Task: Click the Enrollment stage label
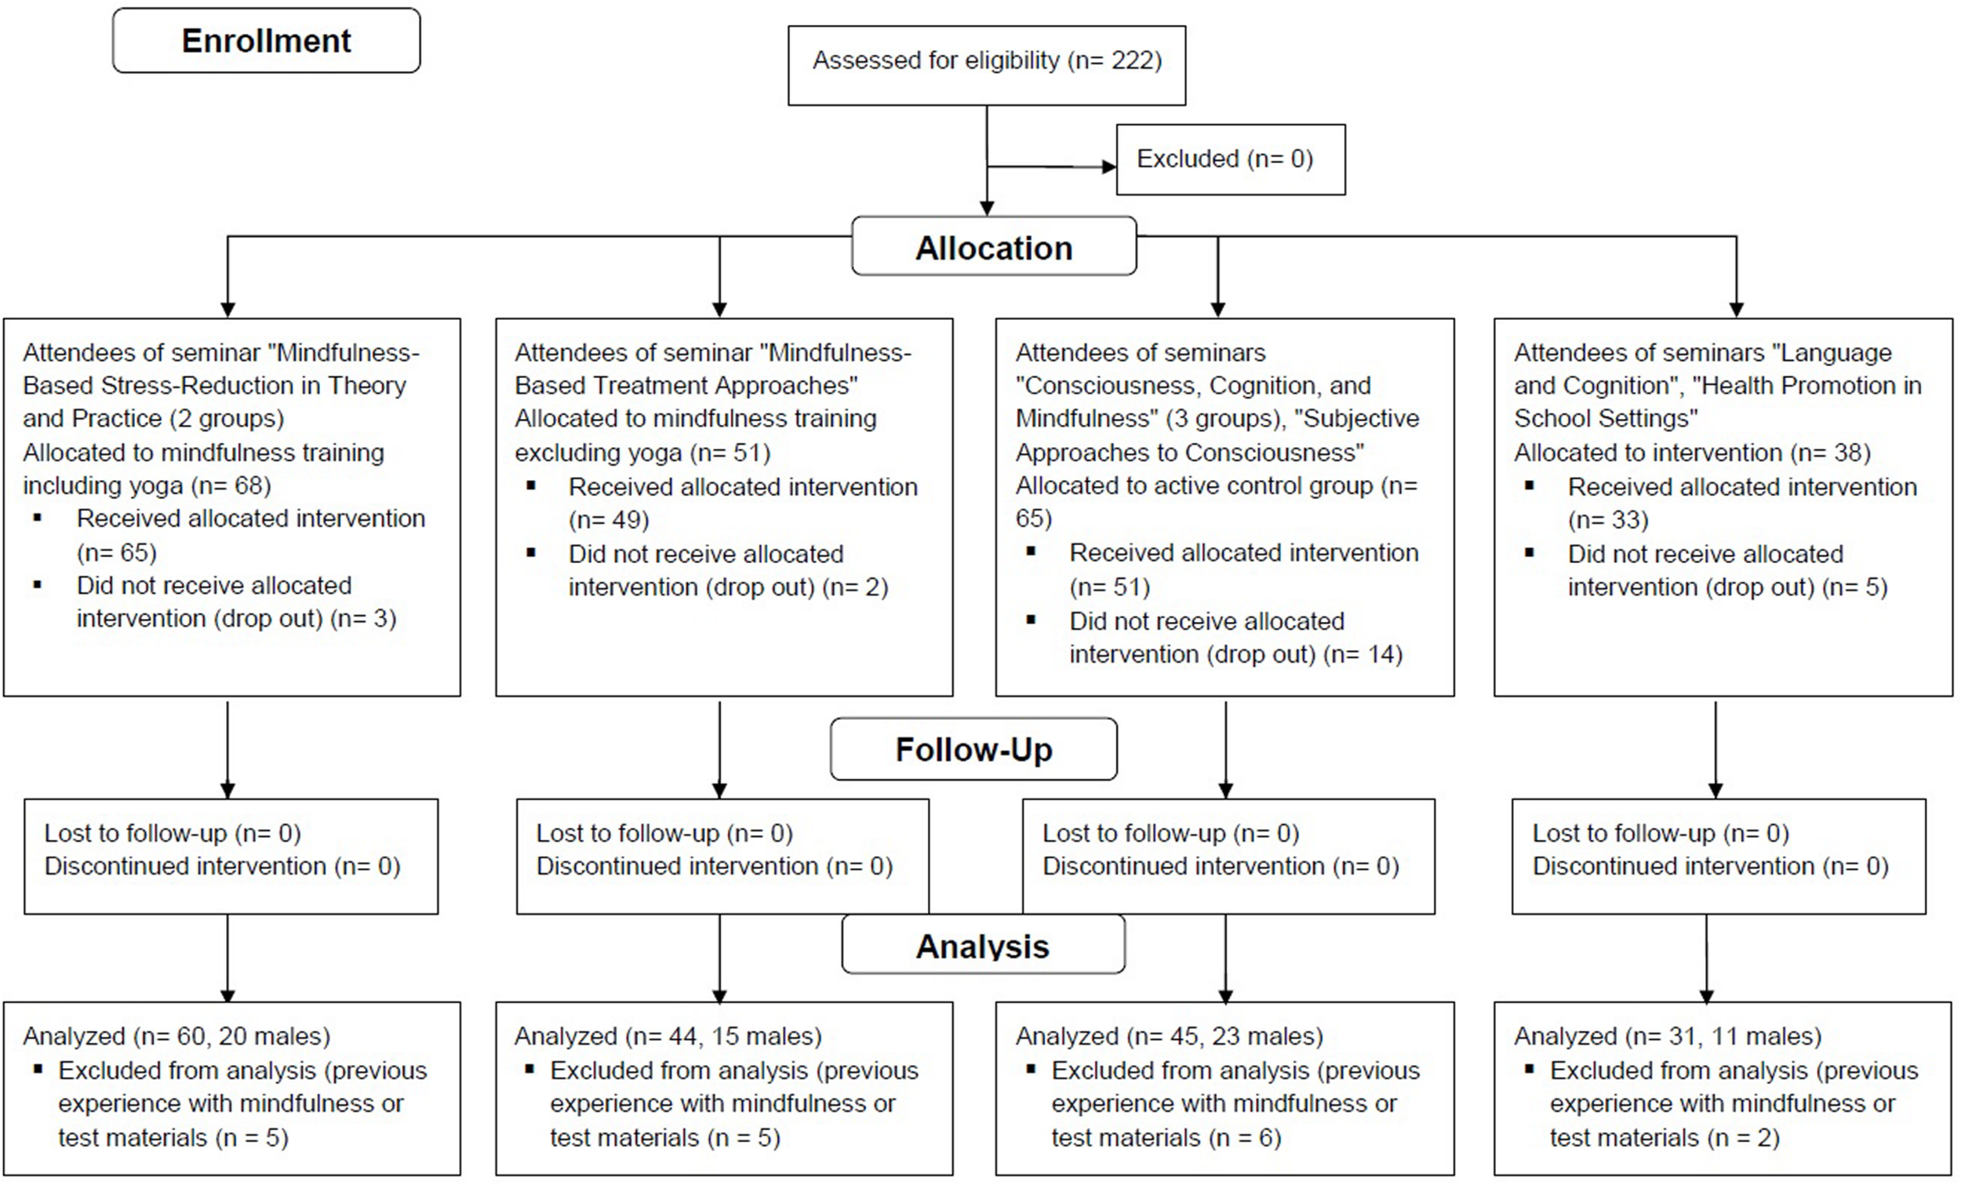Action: [x=266, y=41]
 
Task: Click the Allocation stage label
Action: [x=993, y=248]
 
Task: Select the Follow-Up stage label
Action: [x=973, y=749]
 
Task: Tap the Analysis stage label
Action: [x=982, y=946]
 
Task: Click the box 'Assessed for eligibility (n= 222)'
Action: [x=986, y=61]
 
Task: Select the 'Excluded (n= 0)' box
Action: [x=1230, y=159]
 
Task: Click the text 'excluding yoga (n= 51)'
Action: [x=642, y=452]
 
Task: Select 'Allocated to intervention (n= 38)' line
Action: [x=1691, y=452]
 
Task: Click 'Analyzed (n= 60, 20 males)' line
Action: [x=176, y=1035]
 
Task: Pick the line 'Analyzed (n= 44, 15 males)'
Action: [x=668, y=1035]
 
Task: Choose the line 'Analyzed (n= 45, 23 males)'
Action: [x=1168, y=1035]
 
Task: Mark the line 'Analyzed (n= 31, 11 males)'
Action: [x=1668, y=1035]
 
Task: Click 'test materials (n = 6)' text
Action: [x=1165, y=1137]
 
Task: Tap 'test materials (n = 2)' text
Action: [x=1664, y=1137]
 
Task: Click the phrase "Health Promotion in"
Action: [x=1806, y=385]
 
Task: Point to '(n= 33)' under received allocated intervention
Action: [x=1608, y=520]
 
